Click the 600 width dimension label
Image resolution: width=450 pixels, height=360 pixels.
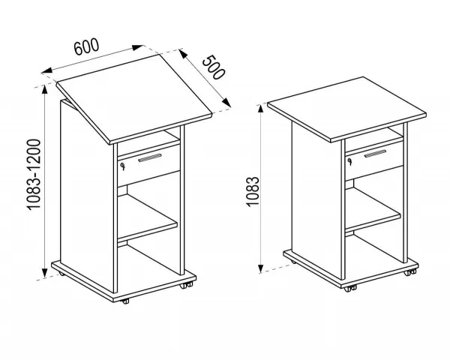[x=86, y=46]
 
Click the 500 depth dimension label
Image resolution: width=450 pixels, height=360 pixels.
[x=214, y=67]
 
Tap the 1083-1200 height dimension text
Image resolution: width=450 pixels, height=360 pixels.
[x=34, y=175]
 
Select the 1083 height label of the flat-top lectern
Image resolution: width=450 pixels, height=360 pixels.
[x=253, y=192]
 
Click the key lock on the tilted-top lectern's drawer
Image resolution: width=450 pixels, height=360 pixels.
[x=123, y=166]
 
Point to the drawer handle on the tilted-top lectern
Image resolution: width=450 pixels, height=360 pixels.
[x=150, y=158]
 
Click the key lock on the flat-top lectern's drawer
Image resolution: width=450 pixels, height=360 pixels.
[x=349, y=161]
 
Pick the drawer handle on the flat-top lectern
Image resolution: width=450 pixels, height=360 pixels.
[x=375, y=154]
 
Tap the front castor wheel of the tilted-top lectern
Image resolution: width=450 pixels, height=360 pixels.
[x=125, y=301]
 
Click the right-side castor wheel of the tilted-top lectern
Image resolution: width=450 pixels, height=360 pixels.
[x=186, y=285]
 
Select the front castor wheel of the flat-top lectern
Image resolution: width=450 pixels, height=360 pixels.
[x=350, y=289]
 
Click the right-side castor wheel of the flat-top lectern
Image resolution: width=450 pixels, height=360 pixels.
[x=409, y=272]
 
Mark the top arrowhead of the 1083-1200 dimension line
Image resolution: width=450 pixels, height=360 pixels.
[x=44, y=89]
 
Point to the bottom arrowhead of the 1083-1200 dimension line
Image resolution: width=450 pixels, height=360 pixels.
[x=44, y=273]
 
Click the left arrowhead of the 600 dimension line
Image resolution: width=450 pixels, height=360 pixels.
[x=47, y=70]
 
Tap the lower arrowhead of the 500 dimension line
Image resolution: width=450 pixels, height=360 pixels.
[x=226, y=103]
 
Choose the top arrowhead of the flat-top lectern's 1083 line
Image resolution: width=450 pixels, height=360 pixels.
[x=260, y=109]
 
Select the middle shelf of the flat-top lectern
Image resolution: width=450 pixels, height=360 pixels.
[x=373, y=210]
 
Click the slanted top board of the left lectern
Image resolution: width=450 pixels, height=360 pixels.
[x=134, y=99]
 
